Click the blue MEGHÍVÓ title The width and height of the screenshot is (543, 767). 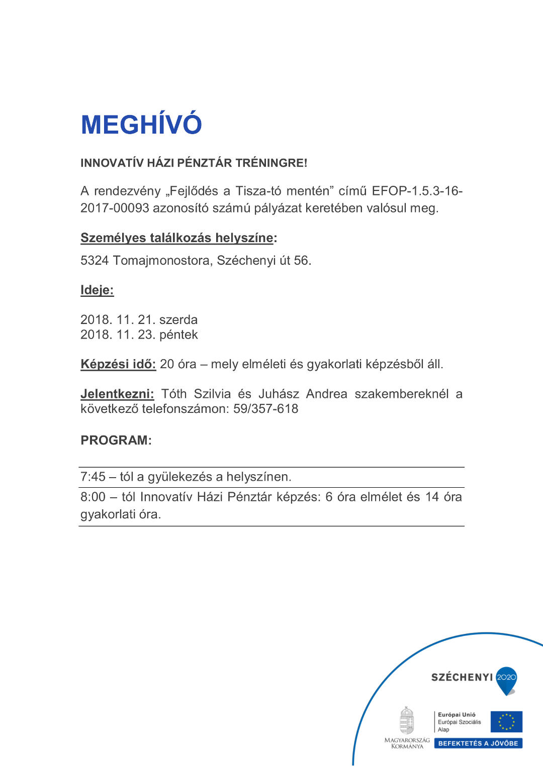click(141, 125)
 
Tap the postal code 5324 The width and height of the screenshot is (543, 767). click(95, 260)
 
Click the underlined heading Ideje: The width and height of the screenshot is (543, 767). click(97, 290)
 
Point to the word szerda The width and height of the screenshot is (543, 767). click(178, 319)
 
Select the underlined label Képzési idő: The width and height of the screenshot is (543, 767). click(118, 364)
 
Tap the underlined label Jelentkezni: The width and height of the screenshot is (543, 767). click(117, 394)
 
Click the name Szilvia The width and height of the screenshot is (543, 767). click(212, 394)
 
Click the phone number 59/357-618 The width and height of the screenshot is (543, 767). click(265, 409)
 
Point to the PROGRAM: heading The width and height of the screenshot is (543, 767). click(116, 440)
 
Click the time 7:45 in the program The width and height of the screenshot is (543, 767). click(93, 477)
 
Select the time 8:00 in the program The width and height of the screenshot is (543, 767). click(93, 497)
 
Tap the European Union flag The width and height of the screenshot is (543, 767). click(506, 722)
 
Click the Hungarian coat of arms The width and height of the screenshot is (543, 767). click(407, 721)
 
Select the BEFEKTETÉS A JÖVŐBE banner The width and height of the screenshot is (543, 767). click(478, 743)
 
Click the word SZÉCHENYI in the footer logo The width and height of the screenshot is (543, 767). click(462, 677)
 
